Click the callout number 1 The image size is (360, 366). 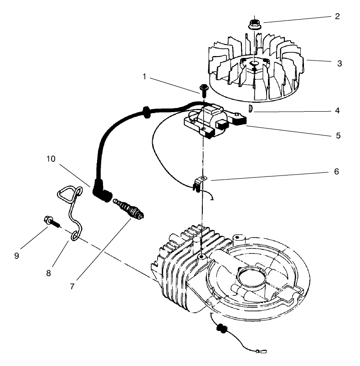[x=144, y=77]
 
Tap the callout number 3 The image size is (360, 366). [x=339, y=63]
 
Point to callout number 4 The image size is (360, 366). [x=337, y=110]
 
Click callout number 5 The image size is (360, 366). [x=338, y=135]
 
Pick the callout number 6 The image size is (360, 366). [x=336, y=172]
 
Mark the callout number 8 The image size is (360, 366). [x=49, y=273]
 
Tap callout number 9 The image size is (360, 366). [x=17, y=256]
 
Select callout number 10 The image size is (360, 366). [x=50, y=159]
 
